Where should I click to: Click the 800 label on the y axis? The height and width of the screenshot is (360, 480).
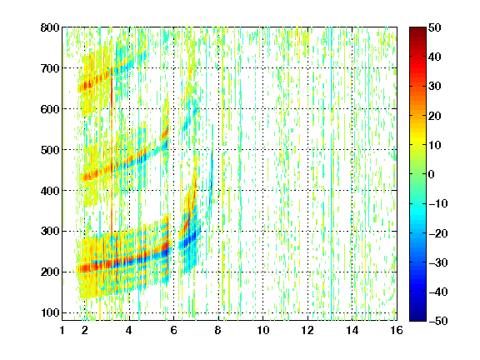tap(50, 27)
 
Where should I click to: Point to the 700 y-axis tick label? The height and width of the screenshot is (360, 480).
tap(50, 68)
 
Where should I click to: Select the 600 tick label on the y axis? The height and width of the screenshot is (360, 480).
tap(50, 109)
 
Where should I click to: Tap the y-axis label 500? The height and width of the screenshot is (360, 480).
tap(50, 150)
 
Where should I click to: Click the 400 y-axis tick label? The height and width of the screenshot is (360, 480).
tap(50, 191)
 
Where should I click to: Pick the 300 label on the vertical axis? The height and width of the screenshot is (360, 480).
tap(50, 232)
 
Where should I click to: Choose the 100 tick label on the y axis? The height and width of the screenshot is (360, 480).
tap(50, 312)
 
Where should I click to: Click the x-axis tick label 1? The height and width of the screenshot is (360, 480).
tap(62, 330)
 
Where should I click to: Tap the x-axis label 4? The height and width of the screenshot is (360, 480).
tap(129, 330)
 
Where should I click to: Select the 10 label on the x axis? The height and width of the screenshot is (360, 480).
tap(262, 330)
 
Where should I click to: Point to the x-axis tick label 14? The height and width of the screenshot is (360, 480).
tap(352, 330)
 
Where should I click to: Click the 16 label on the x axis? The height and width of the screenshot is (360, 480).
tap(397, 330)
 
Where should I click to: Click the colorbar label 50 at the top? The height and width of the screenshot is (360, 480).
tap(434, 27)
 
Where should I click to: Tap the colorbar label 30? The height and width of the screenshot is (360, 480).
tap(434, 87)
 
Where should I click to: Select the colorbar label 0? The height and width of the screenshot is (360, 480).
tap(432, 174)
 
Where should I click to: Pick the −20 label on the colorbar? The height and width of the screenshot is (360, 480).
tap(437, 233)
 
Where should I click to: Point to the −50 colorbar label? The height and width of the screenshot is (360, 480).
tap(437, 321)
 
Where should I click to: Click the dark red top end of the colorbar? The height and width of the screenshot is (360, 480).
tap(417, 30)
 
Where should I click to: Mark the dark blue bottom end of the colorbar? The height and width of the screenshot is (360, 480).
tap(417, 318)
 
